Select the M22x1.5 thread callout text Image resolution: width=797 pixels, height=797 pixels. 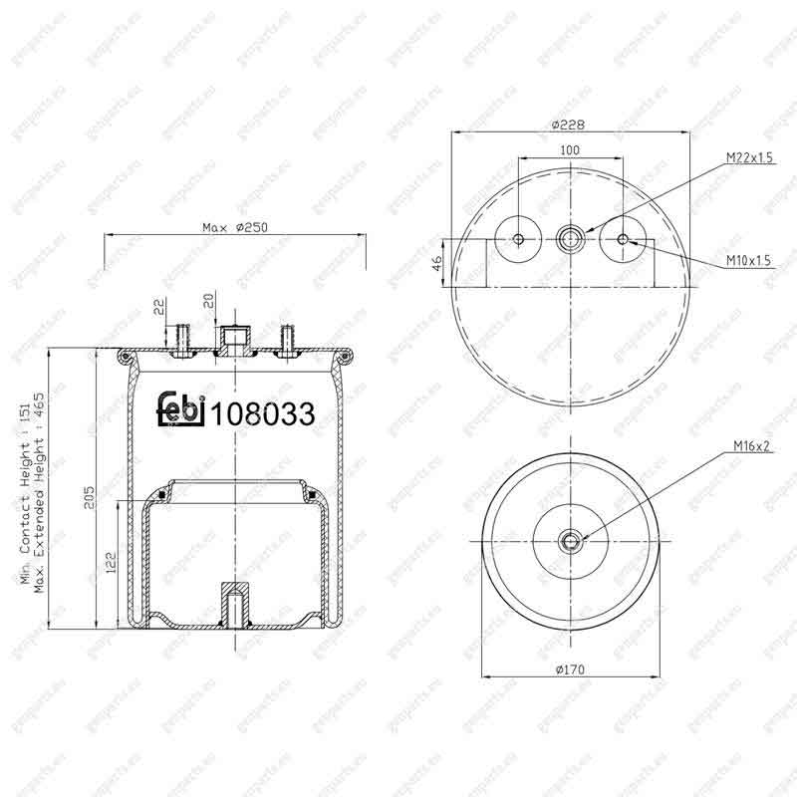pyautogui.click(x=749, y=157)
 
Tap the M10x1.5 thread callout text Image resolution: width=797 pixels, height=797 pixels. pyautogui.click(x=749, y=261)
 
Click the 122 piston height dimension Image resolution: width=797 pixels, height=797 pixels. pyautogui.click(x=111, y=564)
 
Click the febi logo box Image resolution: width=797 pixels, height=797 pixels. pyautogui.click(x=180, y=411)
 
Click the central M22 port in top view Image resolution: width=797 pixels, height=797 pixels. pyautogui.click(x=570, y=238)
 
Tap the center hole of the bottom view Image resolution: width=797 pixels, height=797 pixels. pyautogui.click(x=570, y=541)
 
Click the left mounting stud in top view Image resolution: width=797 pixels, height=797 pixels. pyautogui.click(x=518, y=238)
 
